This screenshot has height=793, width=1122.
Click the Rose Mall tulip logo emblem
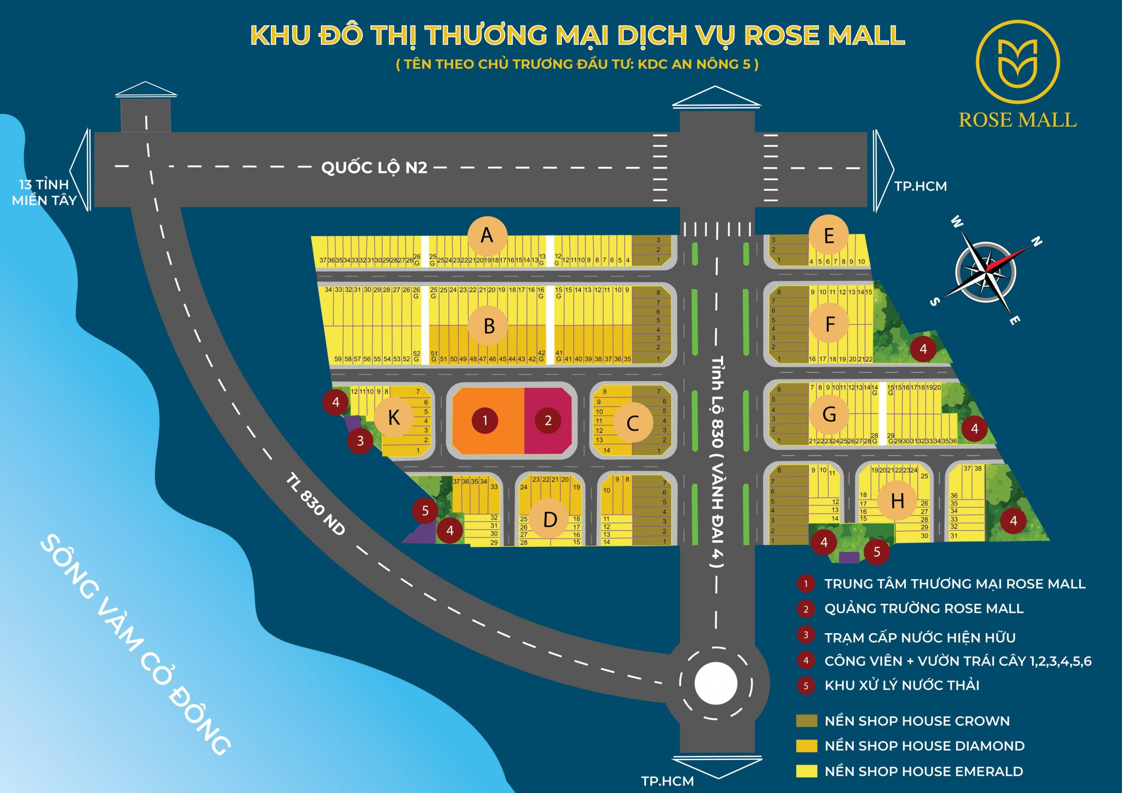[x=1017, y=63]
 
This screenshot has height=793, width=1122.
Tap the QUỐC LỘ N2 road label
[x=374, y=168]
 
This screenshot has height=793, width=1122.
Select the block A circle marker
[x=487, y=236]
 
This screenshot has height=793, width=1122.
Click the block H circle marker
[x=897, y=501]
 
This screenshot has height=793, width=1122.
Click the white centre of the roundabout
[x=715, y=683]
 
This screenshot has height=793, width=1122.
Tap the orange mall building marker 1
[x=485, y=420]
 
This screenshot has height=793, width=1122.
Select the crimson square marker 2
[x=548, y=420]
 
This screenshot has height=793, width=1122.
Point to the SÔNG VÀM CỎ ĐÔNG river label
[x=135, y=644]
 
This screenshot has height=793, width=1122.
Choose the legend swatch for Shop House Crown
[x=806, y=721]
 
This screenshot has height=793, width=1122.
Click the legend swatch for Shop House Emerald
[x=806, y=771]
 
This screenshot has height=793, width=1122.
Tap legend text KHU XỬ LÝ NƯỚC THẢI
[x=902, y=685]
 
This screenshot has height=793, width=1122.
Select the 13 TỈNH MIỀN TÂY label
[x=44, y=192]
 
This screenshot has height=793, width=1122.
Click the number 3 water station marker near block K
[x=360, y=441]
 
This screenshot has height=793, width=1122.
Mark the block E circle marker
[x=829, y=236]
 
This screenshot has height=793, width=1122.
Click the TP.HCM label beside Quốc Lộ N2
[x=920, y=186]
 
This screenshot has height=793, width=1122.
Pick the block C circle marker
[x=633, y=423]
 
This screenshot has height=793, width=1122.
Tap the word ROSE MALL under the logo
[x=1017, y=120]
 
